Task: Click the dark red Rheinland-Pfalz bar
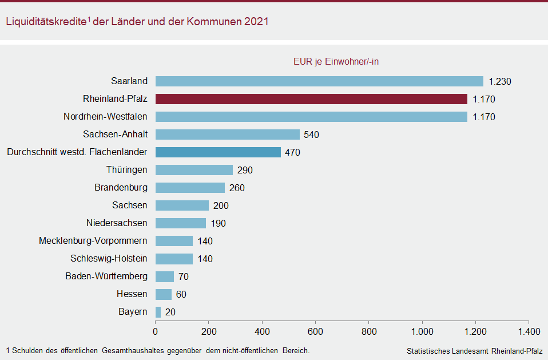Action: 311,99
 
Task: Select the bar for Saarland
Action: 319,81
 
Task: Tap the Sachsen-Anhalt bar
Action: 228,134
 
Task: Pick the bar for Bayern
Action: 158,312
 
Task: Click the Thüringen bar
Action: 194,170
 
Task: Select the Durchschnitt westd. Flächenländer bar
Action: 218,152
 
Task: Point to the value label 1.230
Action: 500,81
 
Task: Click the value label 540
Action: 312,135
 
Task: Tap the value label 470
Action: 292,153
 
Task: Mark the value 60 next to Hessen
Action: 181,295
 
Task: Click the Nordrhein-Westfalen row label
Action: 105,117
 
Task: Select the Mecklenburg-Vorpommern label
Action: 93,241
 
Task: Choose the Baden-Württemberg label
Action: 106,276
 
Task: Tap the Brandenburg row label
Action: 121,188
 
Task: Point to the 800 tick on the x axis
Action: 369,331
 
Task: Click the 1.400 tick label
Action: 529,331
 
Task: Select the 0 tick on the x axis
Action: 156,331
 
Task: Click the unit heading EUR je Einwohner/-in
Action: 336,62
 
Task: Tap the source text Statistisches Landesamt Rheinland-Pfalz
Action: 474,350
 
